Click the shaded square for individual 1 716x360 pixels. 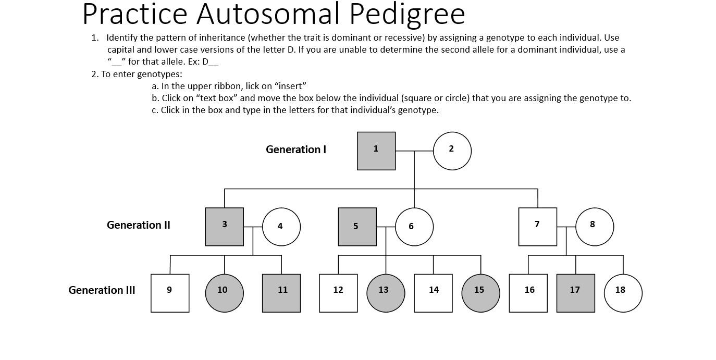pos(376,151)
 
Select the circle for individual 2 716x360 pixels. pos(452,151)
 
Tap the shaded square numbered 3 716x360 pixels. pos(225,227)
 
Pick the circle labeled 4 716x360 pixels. pos(281,227)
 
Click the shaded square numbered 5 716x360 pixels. pos(357,227)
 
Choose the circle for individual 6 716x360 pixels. pos(414,227)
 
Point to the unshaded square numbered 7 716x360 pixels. pos(538,227)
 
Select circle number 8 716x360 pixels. pos(595,227)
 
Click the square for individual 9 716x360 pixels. pos(170,293)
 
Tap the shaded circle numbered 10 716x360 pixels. pos(225,293)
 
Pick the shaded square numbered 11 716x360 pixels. pos(281,293)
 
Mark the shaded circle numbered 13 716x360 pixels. pos(386,293)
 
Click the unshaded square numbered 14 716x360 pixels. pos(433,293)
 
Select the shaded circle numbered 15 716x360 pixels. pos(480,293)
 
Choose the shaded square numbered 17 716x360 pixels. pos(576,293)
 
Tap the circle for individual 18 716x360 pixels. pos(623,293)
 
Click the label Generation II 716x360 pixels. pos(139,225)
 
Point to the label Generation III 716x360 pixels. pos(102,290)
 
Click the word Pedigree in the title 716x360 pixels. pos(407,15)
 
